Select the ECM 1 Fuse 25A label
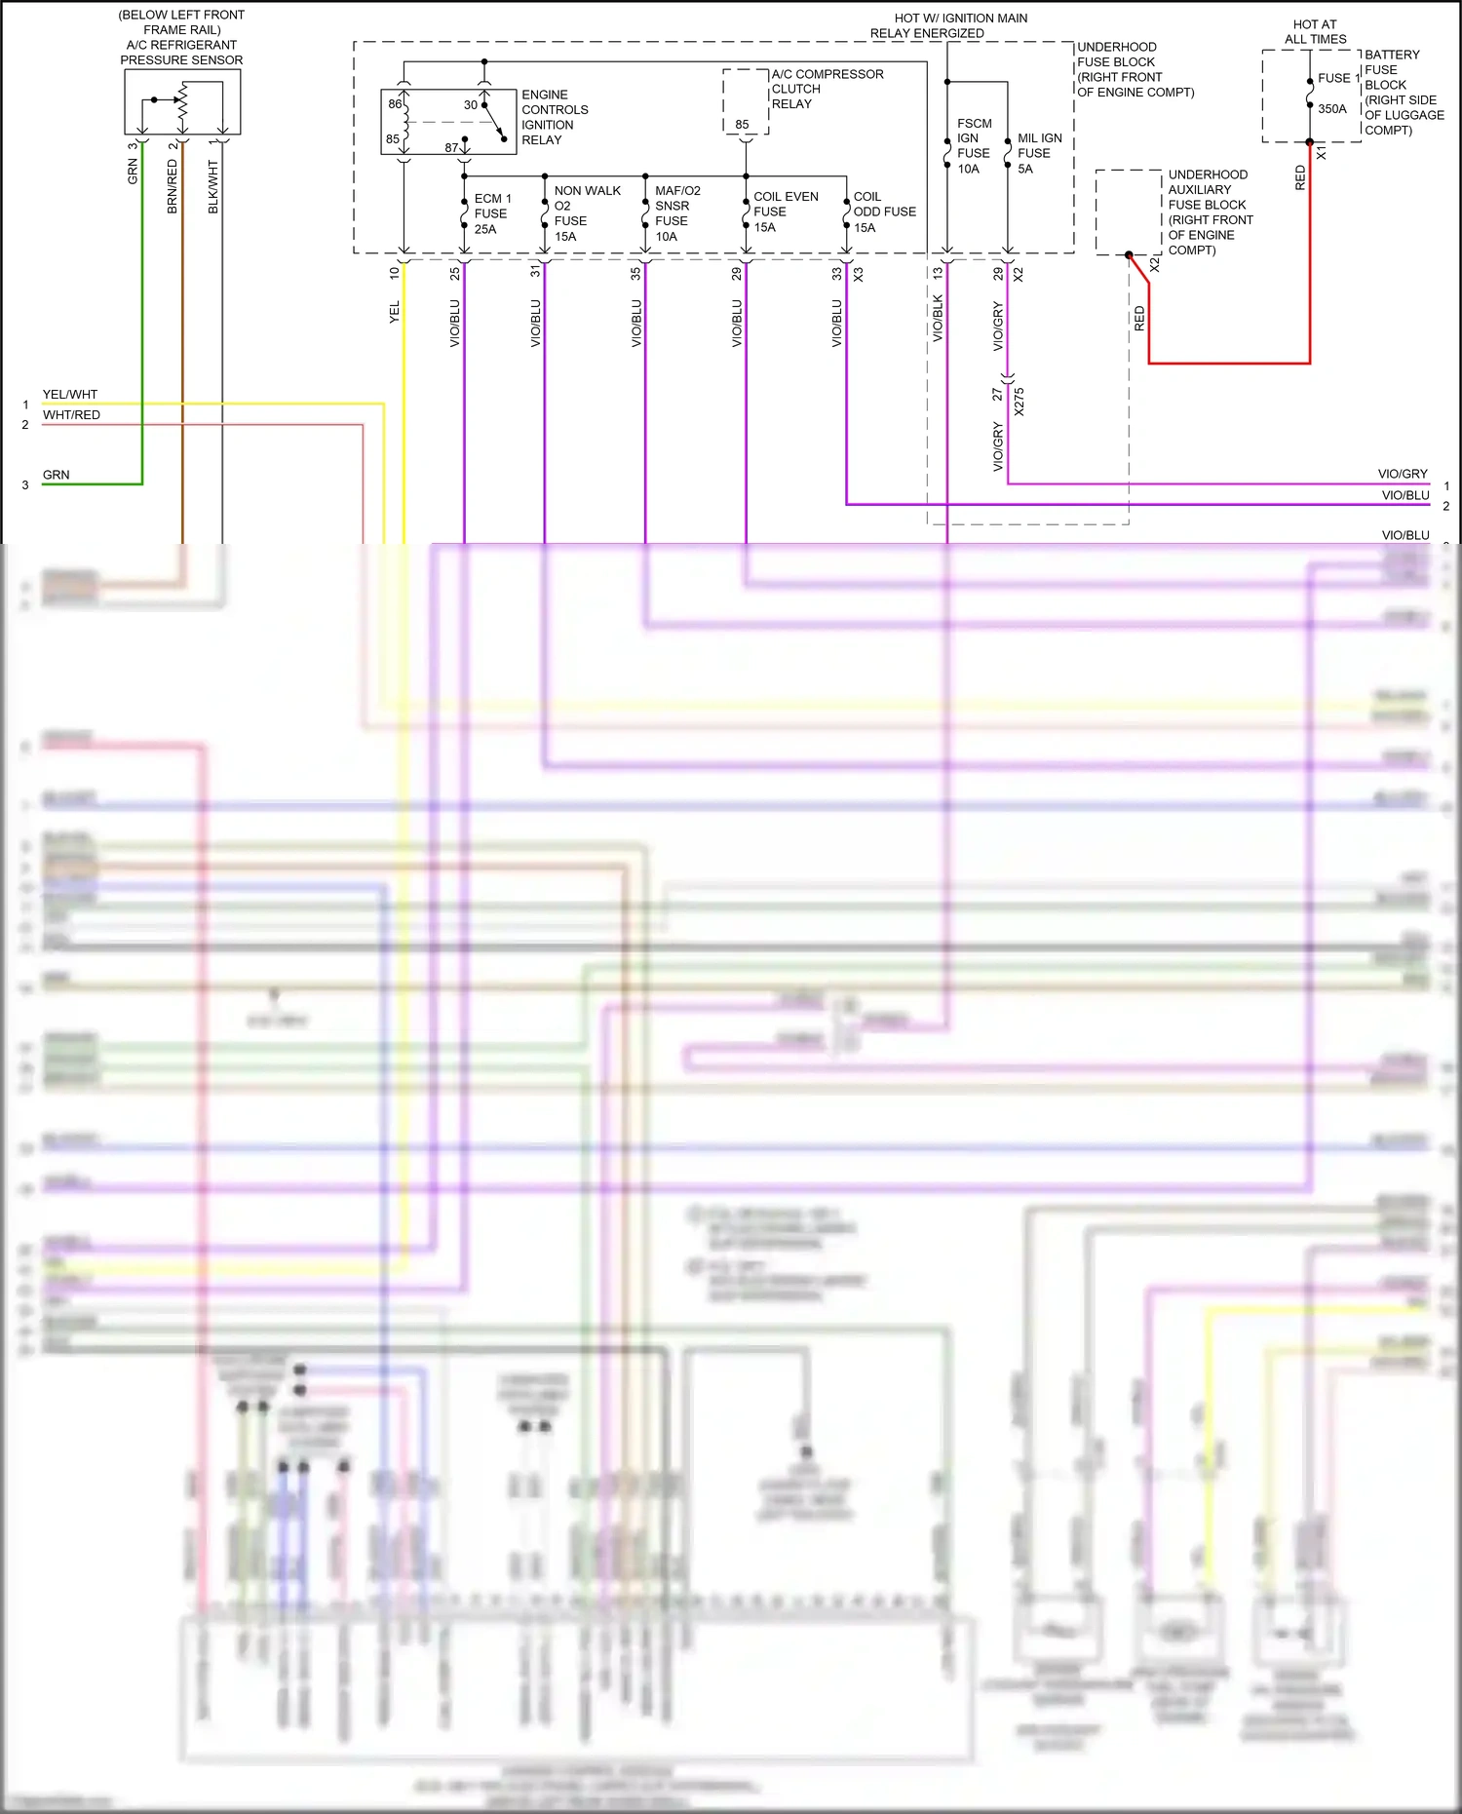(x=492, y=213)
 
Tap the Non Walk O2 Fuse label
(x=587, y=213)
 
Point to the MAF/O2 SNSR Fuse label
(x=677, y=213)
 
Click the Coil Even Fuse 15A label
(x=785, y=212)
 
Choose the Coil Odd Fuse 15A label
(x=884, y=212)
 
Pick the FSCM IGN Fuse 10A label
(x=974, y=146)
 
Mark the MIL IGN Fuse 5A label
(x=1039, y=153)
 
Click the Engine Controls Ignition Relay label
(x=555, y=117)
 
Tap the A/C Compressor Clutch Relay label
(x=827, y=89)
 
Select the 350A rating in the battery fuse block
(x=1331, y=109)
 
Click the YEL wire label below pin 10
(x=395, y=313)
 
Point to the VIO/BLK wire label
(x=938, y=318)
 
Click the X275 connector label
(x=1019, y=402)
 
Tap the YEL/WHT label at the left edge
(x=70, y=395)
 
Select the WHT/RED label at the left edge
(x=71, y=415)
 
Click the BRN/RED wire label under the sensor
(x=173, y=187)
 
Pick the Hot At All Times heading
(x=1315, y=32)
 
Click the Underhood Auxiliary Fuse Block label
(x=1210, y=212)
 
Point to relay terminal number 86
(x=395, y=104)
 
